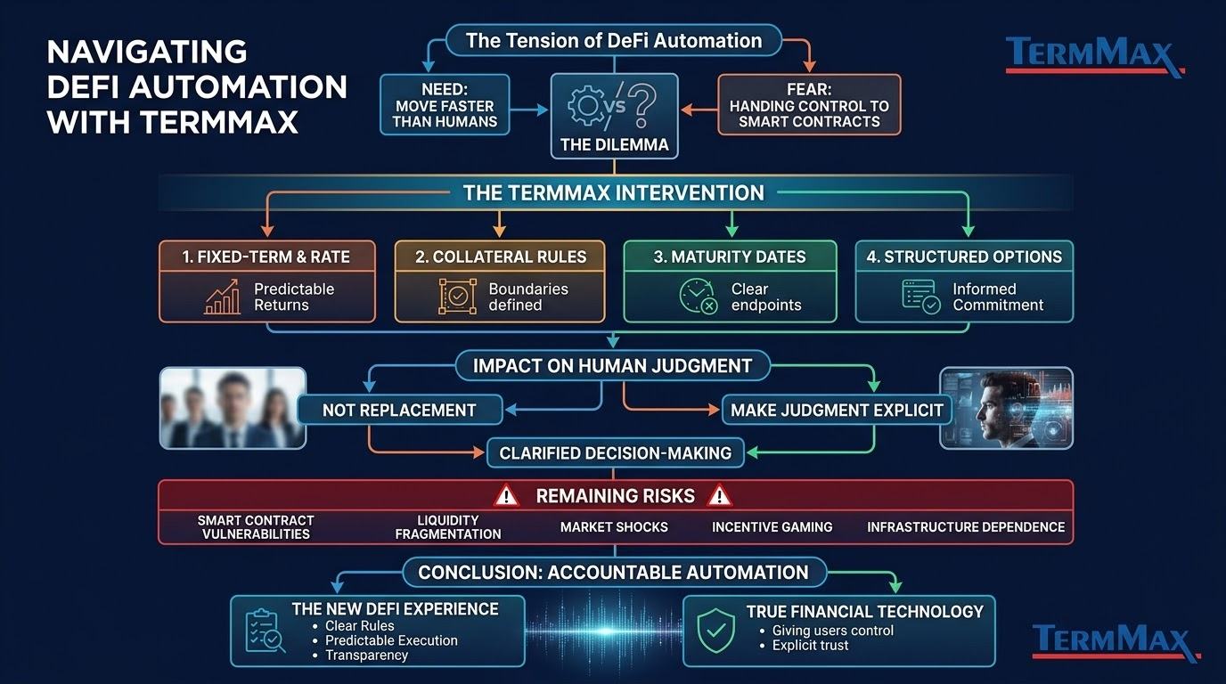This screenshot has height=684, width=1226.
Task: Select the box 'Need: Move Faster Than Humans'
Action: pyautogui.click(x=445, y=104)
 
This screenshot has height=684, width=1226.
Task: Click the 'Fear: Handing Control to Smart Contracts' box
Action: pyautogui.click(x=809, y=104)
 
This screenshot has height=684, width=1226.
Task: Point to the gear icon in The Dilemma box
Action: pyautogui.click(x=586, y=105)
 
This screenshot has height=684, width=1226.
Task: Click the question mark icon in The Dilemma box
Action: pyautogui.click(x=642, y=104)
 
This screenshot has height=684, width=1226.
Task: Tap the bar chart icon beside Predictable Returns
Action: pyautogui.click(x=223, y=297)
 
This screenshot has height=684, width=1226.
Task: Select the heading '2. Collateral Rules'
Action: pyautogui.click(x=500, y=256)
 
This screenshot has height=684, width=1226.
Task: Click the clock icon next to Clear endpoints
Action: pyautogui.click(x=699, y=296)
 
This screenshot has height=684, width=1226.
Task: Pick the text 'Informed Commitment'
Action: pyautogui.click(x=998, y=297)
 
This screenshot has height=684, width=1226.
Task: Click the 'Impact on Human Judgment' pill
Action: pyautogui.click(x=612, y=365)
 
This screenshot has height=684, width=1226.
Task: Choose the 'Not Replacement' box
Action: pyautogui.click(x=399, y=410)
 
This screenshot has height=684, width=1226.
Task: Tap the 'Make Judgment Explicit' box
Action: pyautogui.click(x=837, y=410)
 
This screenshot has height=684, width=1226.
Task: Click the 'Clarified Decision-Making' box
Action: pyautogui.click(x=615, y=452)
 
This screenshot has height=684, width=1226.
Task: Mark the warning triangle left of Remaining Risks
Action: pyautogui.click(x=506, y=496)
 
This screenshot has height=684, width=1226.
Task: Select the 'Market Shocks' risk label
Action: pyautogui.click(x=614, y=527)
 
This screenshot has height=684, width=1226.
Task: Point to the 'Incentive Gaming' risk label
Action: pyautogui.click(x=772, y=527)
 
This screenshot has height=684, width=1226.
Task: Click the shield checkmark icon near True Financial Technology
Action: pyautogui.click(x=715, y=631)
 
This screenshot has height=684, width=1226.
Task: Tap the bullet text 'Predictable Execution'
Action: pyautogui.click(x=391, y=640)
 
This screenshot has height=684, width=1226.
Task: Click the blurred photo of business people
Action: pyautogui.click(x=233, y=408)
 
